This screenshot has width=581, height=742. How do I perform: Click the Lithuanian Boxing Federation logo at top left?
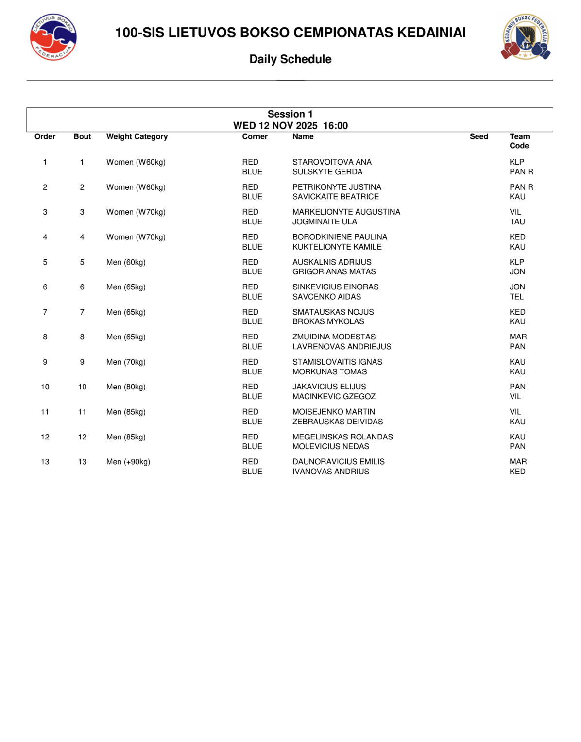tap(53, 37)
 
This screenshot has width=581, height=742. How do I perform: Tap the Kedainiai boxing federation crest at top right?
tap(526, 37)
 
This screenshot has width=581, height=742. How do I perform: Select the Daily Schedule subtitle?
tap(290, 59)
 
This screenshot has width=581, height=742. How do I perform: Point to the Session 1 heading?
tap(290, 114)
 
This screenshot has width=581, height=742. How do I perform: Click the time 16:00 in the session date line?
tap(335, 126)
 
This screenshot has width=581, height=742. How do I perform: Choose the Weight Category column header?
tap(137, 137)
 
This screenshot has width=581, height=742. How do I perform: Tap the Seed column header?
tap(478, 137)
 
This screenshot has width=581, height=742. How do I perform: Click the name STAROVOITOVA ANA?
tap(332, 162)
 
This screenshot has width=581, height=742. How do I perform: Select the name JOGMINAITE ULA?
tap(325, 222)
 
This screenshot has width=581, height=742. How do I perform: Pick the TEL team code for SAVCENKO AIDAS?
tap(516, 297)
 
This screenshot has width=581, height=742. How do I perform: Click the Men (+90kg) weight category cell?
tap(128, 462)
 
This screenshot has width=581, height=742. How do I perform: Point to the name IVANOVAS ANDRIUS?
tap(330, 472)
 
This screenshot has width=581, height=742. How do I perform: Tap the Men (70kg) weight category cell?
tap(126, 362)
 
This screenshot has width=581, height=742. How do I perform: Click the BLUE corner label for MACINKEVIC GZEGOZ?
tap(252, 397)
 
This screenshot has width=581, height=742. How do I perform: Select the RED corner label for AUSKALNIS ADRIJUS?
tap(250, 262)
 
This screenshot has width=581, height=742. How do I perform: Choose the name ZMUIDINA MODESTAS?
tap(334, 337)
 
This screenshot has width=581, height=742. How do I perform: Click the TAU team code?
tap(517, 222)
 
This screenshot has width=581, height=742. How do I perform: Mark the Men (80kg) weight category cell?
tap(126, 387)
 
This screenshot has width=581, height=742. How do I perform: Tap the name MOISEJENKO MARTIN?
tap(334, 412)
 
